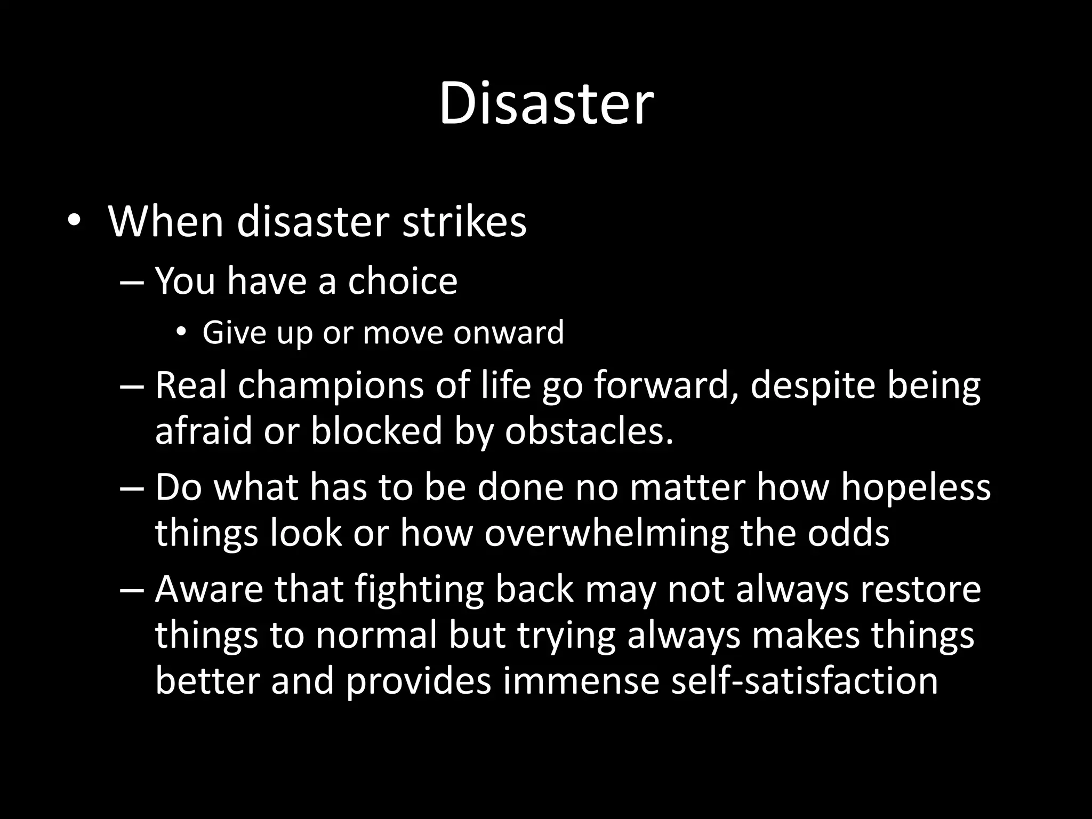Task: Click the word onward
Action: [x=509, y=333]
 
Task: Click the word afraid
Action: [x=203, y=430]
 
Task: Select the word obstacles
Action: [x=589, y=430]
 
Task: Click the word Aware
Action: [x=209, y=589]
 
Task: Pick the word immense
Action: [x=581, y=681]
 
